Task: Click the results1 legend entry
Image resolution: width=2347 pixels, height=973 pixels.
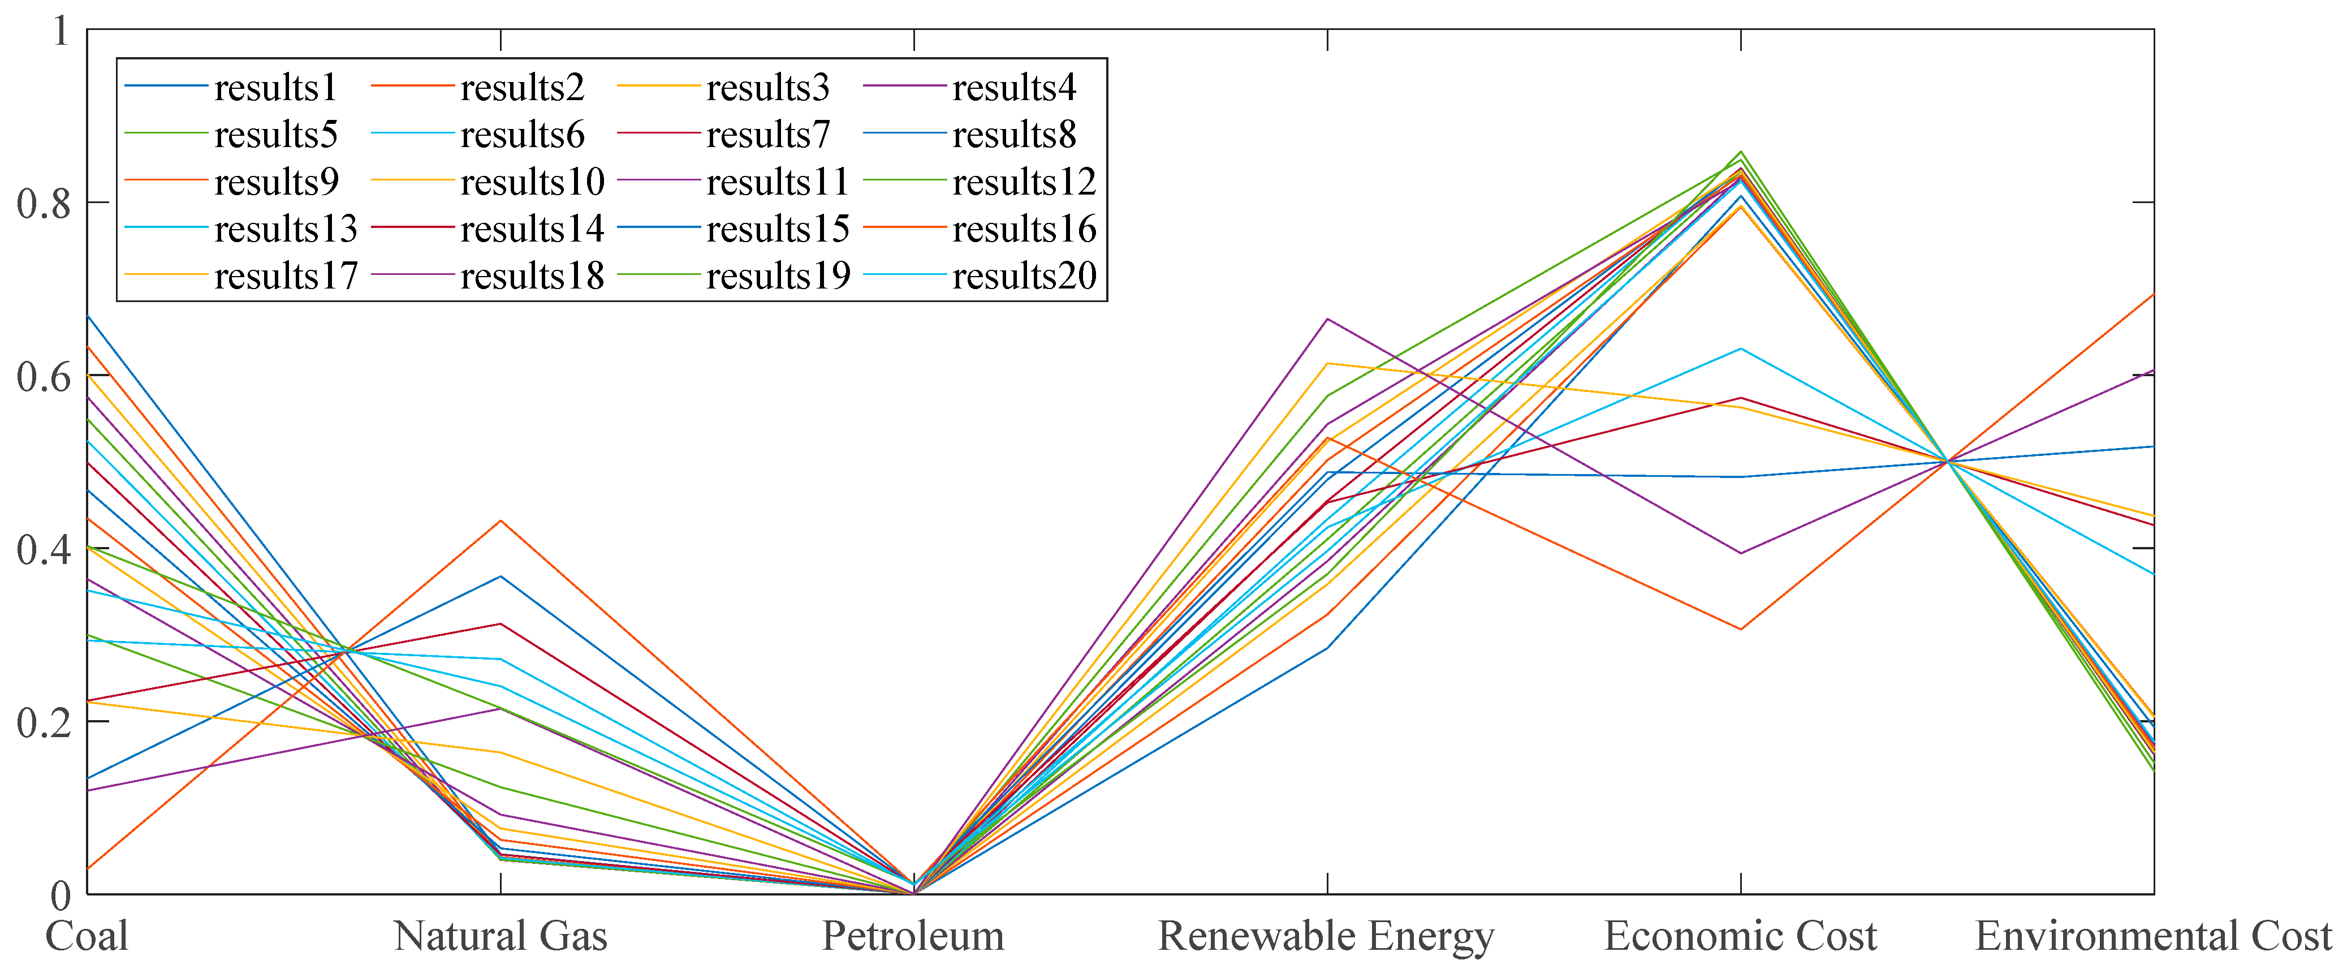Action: [x=275, y=88]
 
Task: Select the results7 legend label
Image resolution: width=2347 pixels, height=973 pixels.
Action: [x=768, y=135]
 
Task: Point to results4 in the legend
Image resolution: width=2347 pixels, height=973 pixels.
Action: [x=1014, y=88]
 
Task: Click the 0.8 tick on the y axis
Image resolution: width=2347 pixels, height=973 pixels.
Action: [x=44, y=203]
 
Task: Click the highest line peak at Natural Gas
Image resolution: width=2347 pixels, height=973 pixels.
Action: [x=500, y=520]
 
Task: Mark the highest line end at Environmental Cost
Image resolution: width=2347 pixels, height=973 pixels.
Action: [x=2152, y=294]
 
